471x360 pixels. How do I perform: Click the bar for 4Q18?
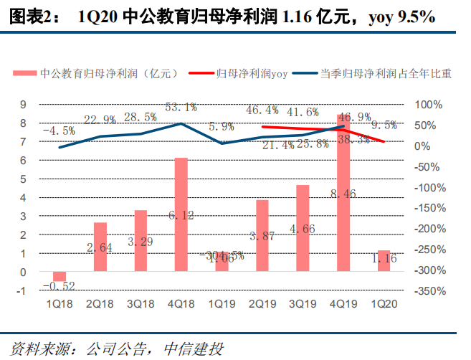(181, 215)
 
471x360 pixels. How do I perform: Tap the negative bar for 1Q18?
(60, 277)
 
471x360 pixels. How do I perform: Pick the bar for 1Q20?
(384, 261)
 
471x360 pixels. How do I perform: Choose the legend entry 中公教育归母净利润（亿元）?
(104, 73)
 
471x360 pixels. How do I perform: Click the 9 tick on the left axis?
(24, 105)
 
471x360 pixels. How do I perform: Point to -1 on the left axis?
(22, 291)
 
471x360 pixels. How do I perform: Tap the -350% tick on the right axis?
(431, 291)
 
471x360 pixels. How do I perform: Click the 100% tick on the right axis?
(431, 105)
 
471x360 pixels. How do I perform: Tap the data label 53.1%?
(181, 108)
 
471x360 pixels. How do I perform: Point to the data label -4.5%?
(60, 131)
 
